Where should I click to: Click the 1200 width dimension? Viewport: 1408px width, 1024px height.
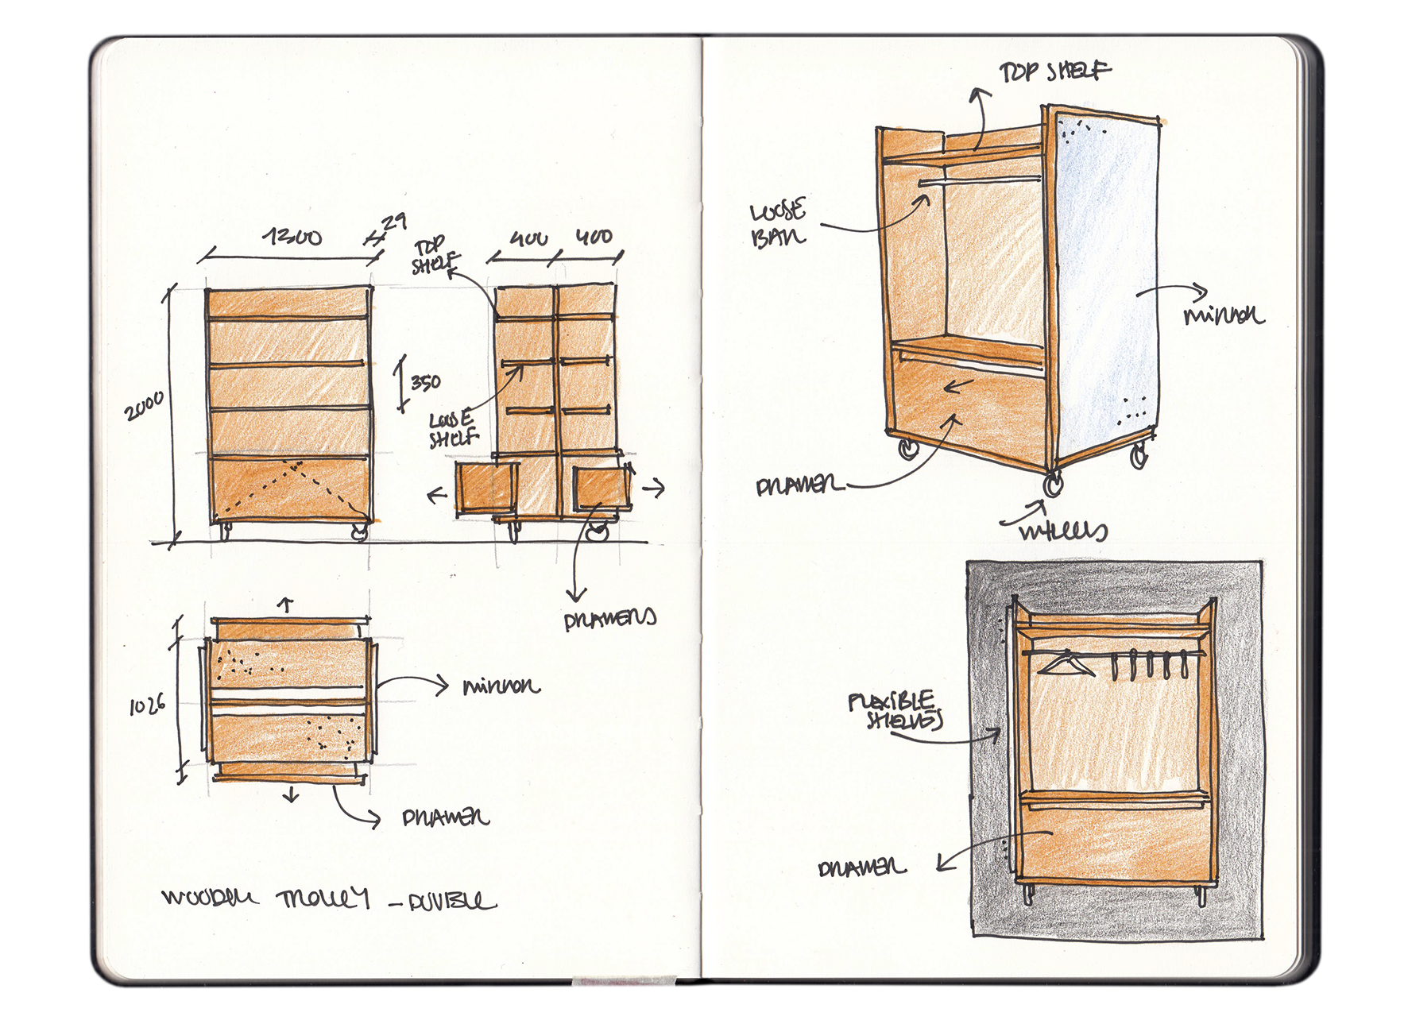tap(293, 237)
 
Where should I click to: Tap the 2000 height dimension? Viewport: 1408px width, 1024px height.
tap(145, 406)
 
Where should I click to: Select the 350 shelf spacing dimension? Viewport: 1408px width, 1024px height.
tap(426, 383)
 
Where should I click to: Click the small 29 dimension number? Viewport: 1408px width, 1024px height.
tap(394, 222)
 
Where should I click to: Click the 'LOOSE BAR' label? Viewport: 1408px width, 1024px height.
tap(779, 223)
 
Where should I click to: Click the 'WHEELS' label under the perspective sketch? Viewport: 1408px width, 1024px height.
tap(1063, 531)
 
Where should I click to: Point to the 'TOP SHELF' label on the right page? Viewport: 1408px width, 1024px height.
tap(1054, 72)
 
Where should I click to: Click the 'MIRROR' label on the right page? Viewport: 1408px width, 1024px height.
tap(1223, 316)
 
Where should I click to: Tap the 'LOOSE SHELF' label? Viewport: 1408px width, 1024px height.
tap(454, 429)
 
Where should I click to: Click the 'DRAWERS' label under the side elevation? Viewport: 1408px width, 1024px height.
tap(609, 620)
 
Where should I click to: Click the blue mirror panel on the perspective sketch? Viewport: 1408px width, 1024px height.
tap(1104, 286)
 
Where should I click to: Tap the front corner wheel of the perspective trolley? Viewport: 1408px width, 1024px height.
tap(1054, 483)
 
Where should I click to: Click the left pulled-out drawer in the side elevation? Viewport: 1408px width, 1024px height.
tap(485, 490)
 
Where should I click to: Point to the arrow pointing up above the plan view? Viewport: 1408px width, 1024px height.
tap(286, 605)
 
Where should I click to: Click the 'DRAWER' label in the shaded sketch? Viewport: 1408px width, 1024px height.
tap(861, 868)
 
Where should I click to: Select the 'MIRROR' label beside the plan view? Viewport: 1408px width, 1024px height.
tap(501, 686)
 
